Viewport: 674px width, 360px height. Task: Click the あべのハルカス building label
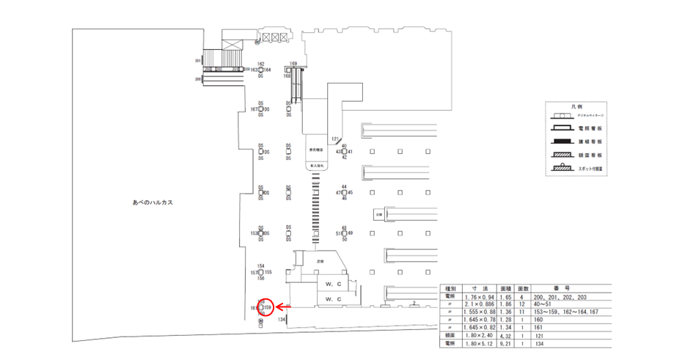point(153,202)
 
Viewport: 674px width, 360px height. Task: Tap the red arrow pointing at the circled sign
point(282,306)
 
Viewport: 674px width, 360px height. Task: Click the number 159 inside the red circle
point(268,306)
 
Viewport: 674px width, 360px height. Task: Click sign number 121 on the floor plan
point(335,138)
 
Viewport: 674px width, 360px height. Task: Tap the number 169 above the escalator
point(293,64)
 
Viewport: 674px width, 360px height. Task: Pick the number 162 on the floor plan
point(260,64)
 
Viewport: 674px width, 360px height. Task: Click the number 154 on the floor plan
point(260,266)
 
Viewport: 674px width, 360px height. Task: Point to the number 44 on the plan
point(343,186)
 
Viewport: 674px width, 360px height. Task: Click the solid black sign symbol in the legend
point(562,141)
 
